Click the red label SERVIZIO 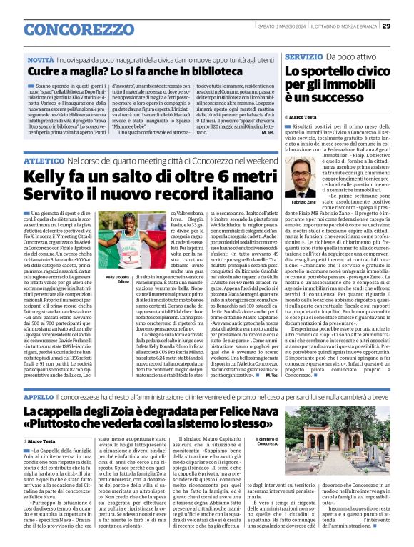point(303,56)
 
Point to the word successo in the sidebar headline point(330,99)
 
